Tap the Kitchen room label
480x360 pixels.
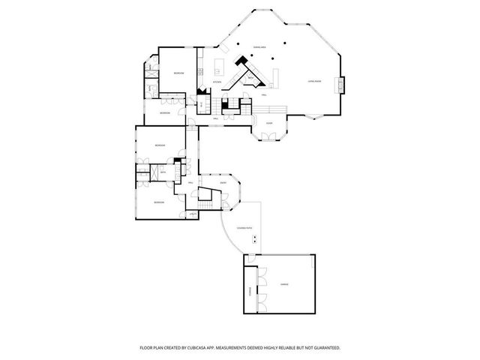pyautogui.click(x=217, y=81)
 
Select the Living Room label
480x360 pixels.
pyautogui.click(x=314, y=81)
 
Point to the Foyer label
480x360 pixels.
pyautogui.click(x=269, y=122)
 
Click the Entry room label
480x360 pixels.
pyautogui.click(x=223, y=182)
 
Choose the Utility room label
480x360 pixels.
pyautogui.click(x=193, y=215)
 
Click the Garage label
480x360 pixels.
pyautogui.click(x=284, y=284)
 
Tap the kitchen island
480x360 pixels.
pyautogui.click(x=223, y=64)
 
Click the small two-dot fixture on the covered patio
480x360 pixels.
pyautogui.click(x=256, y=240)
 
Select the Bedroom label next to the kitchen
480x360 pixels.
pyautogui.click(x=179, y=73)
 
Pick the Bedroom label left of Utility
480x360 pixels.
pyautogui.click(x=159, y=202)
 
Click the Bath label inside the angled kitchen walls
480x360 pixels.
pyautogui.click(x=249, y=77)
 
